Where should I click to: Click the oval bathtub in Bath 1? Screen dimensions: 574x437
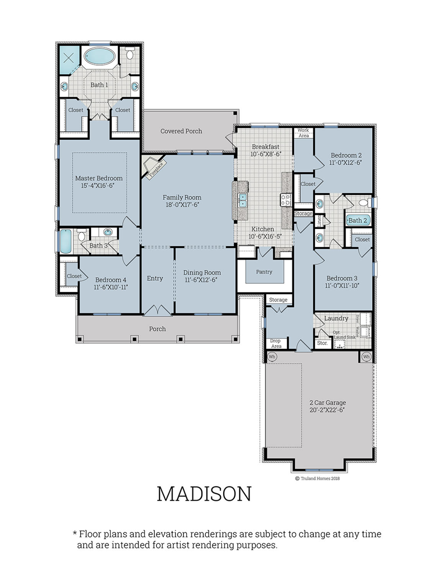pyautogui.click(x=99, y=57)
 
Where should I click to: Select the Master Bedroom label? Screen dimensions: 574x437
pyautogui.click(x=99, y=178)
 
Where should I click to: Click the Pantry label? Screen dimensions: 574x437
pyautogui.click(x=264, y=272)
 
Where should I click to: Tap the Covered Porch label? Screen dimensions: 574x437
pyautogui.click(x=181, y=131)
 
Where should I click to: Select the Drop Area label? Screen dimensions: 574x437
pyautogui.click(x=276, y=343)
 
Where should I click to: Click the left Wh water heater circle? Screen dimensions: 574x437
pyautogui.click(x=272, y=357)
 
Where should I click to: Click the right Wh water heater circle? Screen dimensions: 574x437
pyautogui.click(x=366, y=357)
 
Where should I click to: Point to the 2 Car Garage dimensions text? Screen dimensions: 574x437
pyautogui.click(x=327, y=410)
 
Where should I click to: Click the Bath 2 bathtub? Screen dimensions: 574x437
pyautogui.click(x=358, y=220)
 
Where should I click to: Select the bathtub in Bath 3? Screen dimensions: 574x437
pyautogui.click(x=66, y=241)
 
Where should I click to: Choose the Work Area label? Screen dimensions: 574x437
pyautogui.click(x=303, y=133)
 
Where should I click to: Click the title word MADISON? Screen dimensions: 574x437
pyautogui.click(x=204, y=494)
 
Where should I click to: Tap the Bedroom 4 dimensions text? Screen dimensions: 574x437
pyautogui.click(x=111, y=287)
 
